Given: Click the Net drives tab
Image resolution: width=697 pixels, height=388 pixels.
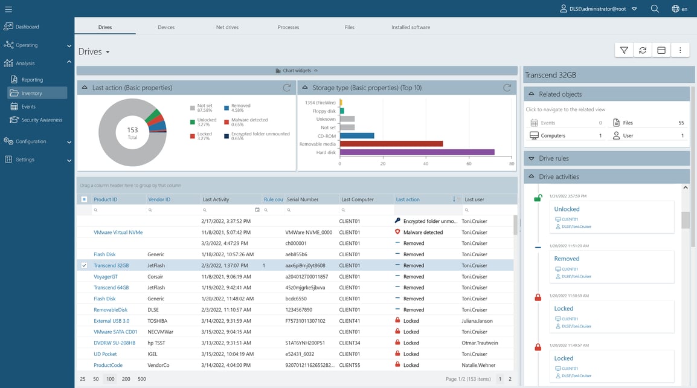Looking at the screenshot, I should tap(227, 27).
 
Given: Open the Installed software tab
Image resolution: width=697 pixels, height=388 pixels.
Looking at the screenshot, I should tap(411, 27).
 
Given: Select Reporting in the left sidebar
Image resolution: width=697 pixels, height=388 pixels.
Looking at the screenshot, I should tap(32, 80).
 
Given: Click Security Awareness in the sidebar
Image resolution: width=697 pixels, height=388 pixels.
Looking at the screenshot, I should tap(42, 120).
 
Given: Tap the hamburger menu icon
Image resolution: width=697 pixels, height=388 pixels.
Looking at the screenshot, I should tap(8, 9).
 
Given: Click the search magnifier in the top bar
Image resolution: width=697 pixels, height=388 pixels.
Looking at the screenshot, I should tap(655, 9).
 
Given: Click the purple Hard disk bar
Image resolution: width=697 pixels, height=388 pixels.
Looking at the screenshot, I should tap(417, 152).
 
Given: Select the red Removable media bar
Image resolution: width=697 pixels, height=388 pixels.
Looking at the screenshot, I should tap(391, 144).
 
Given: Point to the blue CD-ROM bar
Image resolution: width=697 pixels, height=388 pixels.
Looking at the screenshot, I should tap(356, 136).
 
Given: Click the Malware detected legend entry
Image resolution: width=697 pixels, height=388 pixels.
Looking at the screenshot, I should tap(249, 120).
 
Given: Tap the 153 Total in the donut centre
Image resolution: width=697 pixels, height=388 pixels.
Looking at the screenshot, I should tap(132, 133).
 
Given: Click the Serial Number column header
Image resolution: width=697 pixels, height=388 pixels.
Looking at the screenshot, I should tap(303, 199).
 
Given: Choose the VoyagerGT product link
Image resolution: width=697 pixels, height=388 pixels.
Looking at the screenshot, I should tap(106, 277).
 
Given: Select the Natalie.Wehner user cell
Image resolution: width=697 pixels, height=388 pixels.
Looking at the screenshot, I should tap(479, 365).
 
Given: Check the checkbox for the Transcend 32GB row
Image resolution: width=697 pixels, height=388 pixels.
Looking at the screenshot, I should tap(84, 266).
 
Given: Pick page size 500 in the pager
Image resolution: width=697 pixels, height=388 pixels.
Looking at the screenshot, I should tap(142, 379).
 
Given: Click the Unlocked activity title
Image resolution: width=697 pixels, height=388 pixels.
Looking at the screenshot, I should tap(567, 209).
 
